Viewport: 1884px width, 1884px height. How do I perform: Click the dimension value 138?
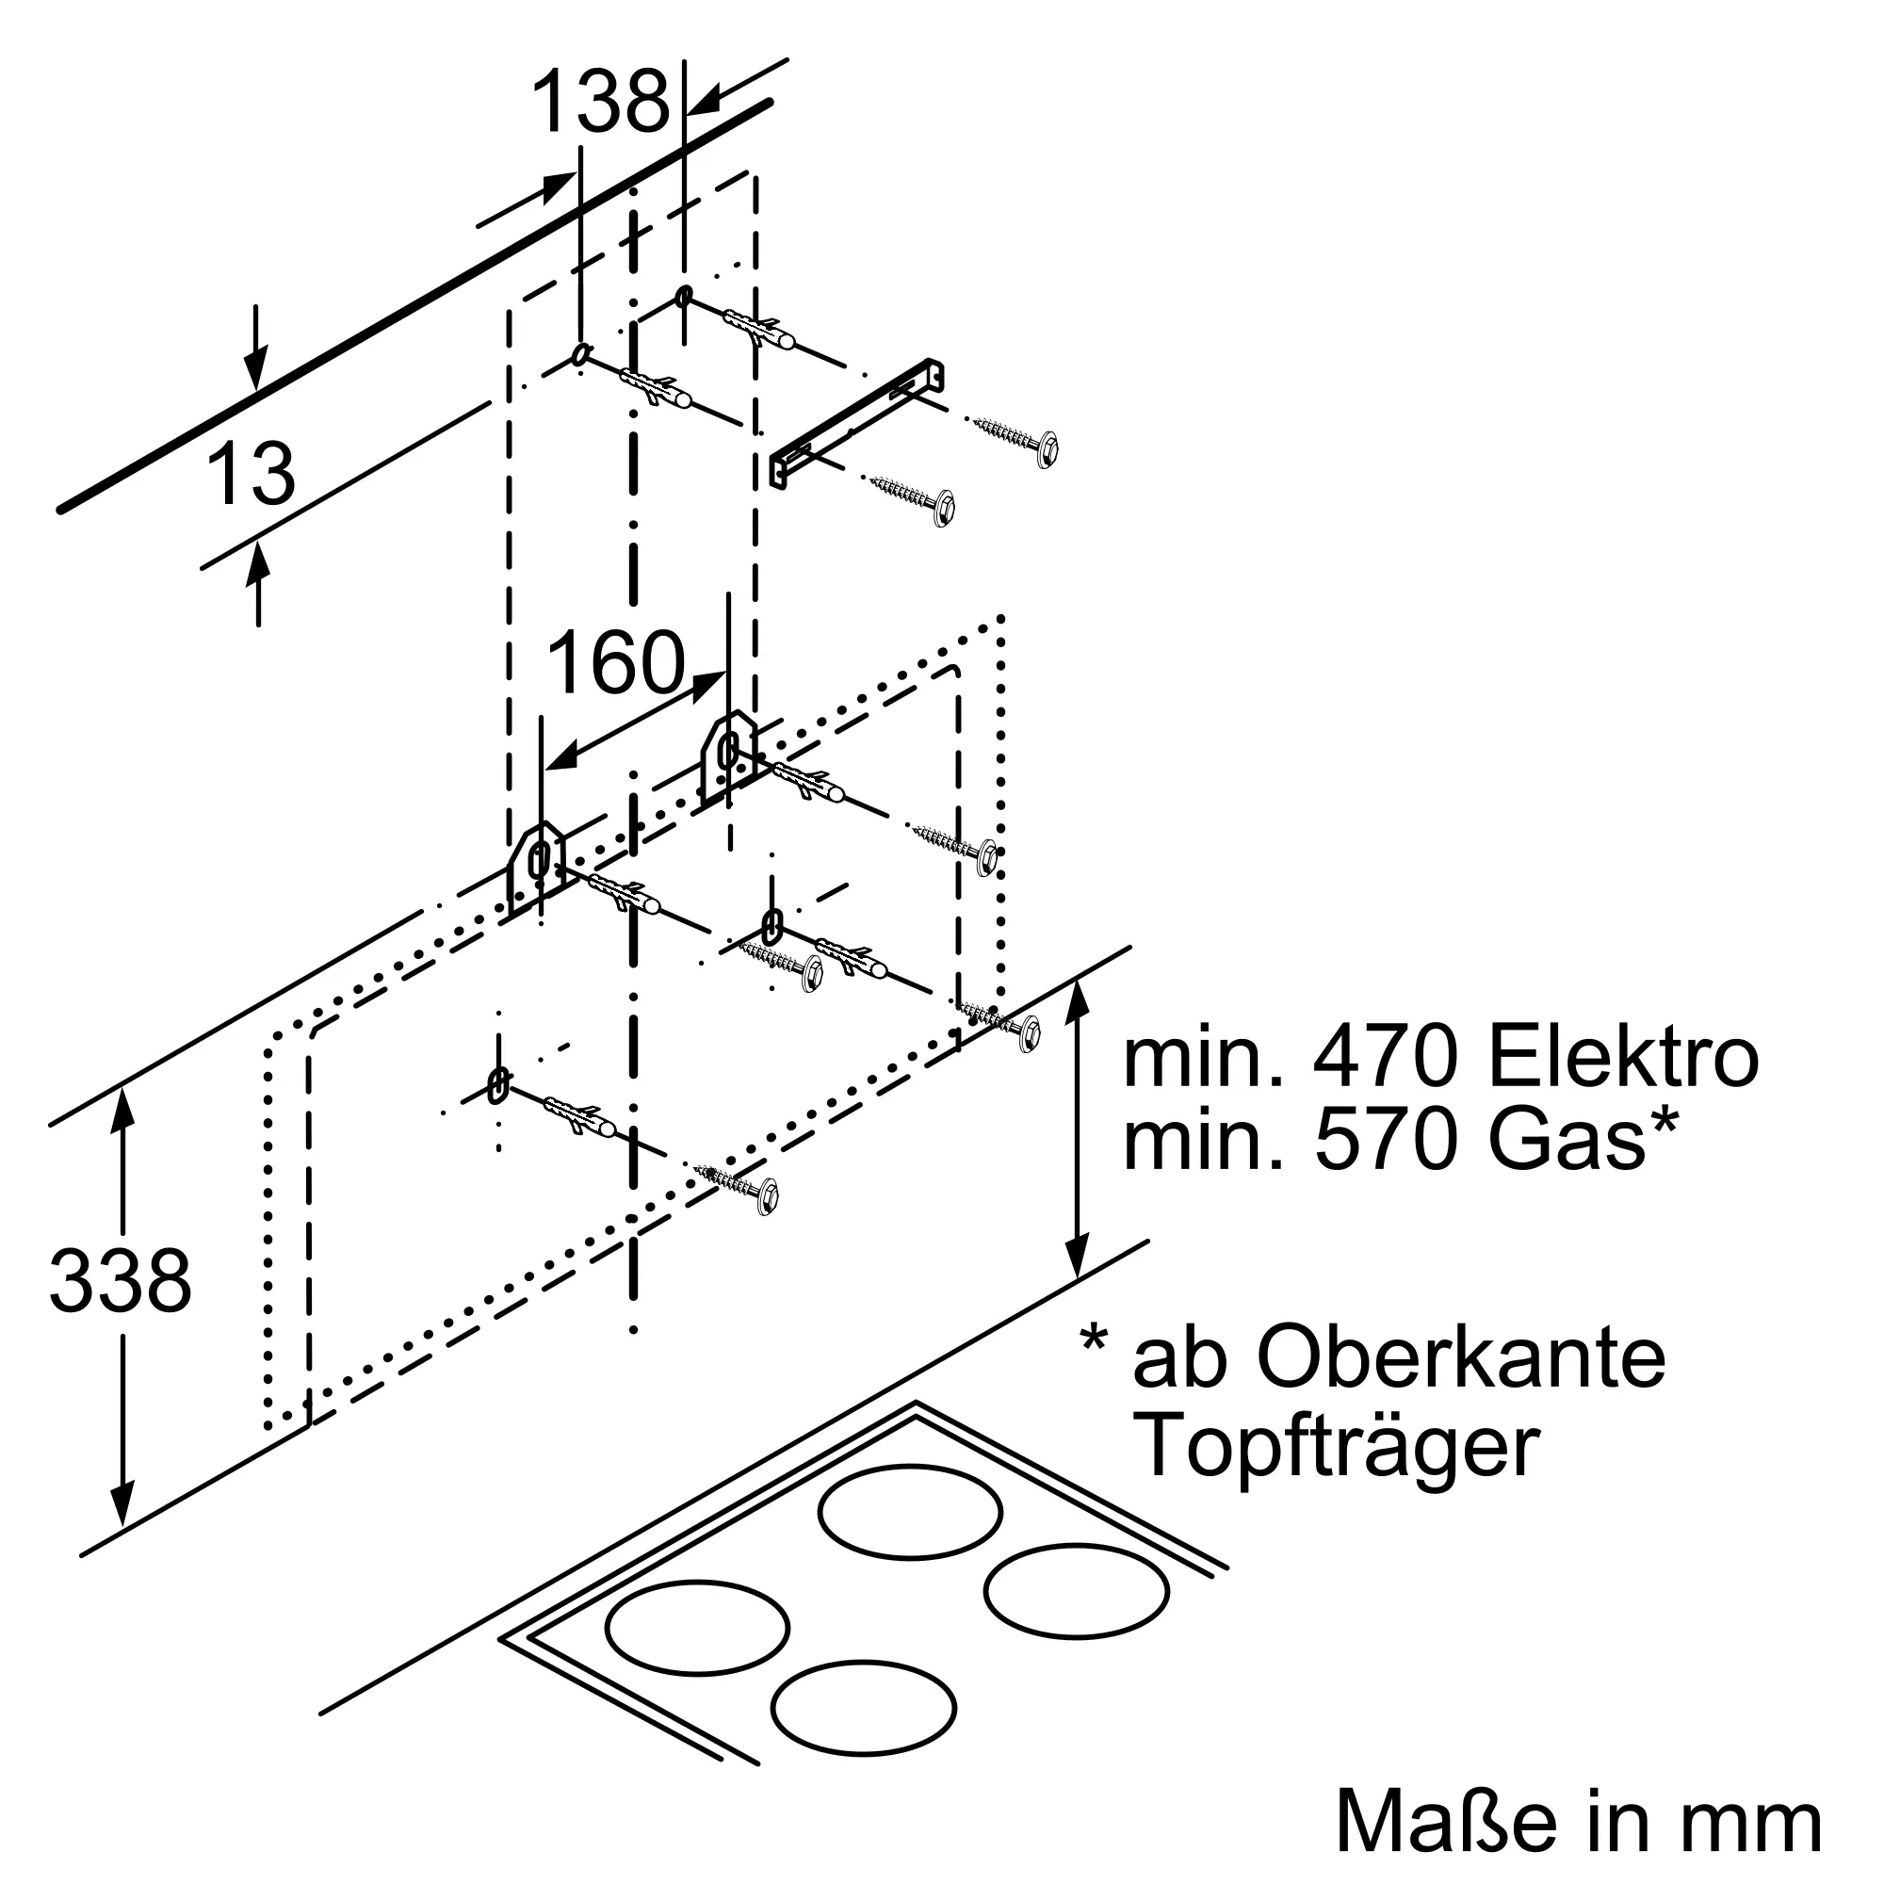tap(601, 103)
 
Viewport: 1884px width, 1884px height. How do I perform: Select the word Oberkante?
tap(1461, 1358)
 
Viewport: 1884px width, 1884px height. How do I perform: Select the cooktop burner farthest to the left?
tap(696, 1627)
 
